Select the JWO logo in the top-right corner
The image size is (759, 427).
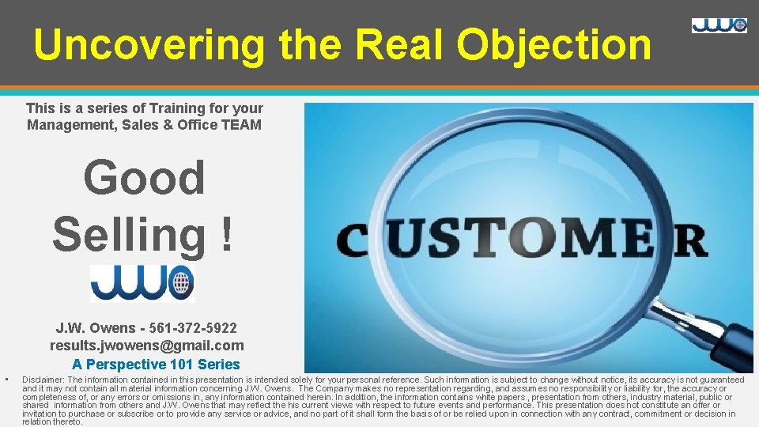tap(719, 25)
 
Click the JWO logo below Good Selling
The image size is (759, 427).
tap(142, 283)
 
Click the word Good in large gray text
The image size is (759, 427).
tap(144, 177)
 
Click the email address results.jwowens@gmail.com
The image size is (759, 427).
tap(147, 346)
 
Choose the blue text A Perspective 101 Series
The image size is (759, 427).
tap(156, 365)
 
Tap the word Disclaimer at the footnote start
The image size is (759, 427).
tap(43, 380)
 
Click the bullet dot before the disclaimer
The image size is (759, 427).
tap(6, 380)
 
